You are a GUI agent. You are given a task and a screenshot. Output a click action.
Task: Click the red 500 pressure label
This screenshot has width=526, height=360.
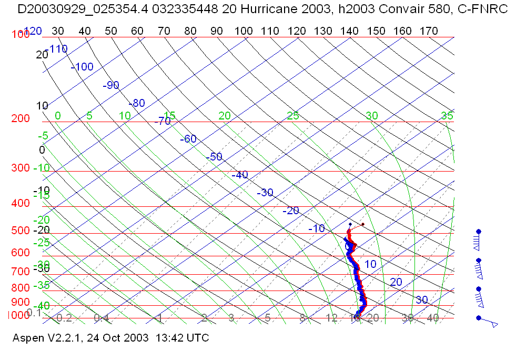(20, 231)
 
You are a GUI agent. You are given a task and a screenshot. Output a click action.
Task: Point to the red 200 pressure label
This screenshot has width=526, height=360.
(20, 119)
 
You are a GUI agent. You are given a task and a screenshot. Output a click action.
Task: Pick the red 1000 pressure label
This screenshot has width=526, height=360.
(17, 315)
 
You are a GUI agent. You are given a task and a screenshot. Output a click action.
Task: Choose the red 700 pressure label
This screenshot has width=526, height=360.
(20, 272)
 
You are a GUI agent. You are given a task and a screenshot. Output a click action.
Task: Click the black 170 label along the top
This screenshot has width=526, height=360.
(429, 31)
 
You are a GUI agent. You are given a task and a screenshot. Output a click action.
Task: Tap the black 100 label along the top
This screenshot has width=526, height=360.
(244, 31)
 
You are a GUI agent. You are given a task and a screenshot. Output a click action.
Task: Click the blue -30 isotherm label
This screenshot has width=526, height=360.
(265, 193)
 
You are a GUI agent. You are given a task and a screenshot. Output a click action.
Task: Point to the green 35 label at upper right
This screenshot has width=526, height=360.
(447, 116)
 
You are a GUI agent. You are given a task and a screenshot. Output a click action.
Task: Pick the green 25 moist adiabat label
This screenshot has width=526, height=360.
(293, 116)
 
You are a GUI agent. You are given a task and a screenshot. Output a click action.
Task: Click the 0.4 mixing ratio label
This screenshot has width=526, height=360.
(101, 318)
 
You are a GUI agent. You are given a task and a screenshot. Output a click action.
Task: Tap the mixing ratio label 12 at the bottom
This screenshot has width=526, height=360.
(331, 318)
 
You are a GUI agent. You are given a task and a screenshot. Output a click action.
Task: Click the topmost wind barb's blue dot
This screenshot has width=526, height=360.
(479, 231)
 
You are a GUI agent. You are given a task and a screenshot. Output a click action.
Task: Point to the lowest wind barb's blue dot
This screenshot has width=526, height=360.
(479, 318)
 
